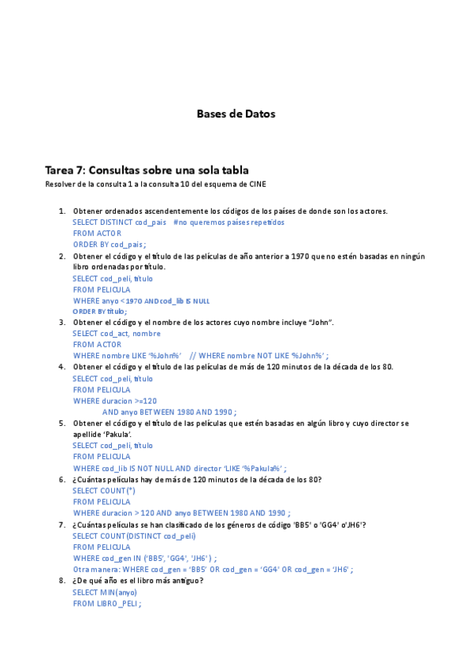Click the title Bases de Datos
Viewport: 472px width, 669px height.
pos(236,114)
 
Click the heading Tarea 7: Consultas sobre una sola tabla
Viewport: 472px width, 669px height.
pos(147,170)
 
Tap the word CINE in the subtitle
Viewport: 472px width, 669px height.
pos(257,185)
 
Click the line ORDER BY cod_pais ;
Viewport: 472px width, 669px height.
pos(110,245)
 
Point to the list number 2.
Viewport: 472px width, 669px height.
pos(62,256)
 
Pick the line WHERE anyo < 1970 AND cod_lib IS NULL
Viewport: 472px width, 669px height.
pos(141,301)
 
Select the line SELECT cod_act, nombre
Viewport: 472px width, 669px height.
pos(117,333)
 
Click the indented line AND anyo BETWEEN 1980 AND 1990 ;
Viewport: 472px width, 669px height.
pos(169,412)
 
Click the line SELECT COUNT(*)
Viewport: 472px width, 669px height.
pos(104,491)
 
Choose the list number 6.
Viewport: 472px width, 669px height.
pos(62,480)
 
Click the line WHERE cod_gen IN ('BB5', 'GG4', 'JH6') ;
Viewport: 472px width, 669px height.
pos(145,558)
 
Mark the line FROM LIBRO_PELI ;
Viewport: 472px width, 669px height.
pos(106,604)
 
